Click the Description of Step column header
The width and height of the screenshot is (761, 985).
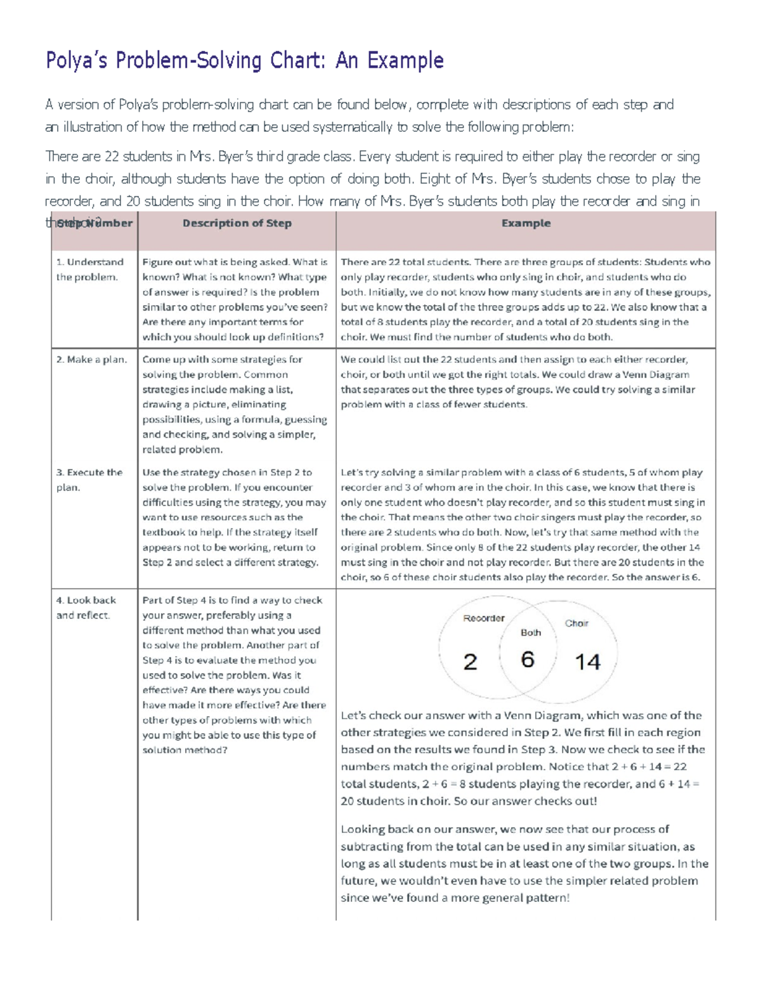click(237, 223)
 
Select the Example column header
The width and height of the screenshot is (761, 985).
click(526, 223)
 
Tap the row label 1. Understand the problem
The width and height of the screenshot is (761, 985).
click(89, 270)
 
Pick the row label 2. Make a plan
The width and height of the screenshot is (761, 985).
click(91, 360)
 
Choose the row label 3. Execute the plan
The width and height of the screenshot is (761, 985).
click(89, 480)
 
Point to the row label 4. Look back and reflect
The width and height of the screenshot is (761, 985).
click(86, 608)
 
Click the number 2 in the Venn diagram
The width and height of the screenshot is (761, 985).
click(470, 662)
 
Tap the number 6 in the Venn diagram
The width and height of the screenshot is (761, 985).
click(528, 660)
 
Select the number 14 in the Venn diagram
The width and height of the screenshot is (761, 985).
click(587, 662)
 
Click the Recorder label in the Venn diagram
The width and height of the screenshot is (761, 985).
click(484, 618)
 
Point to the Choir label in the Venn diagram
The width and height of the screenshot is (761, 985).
click(576, 623)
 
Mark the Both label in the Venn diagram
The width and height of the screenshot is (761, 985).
click(531, 632)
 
